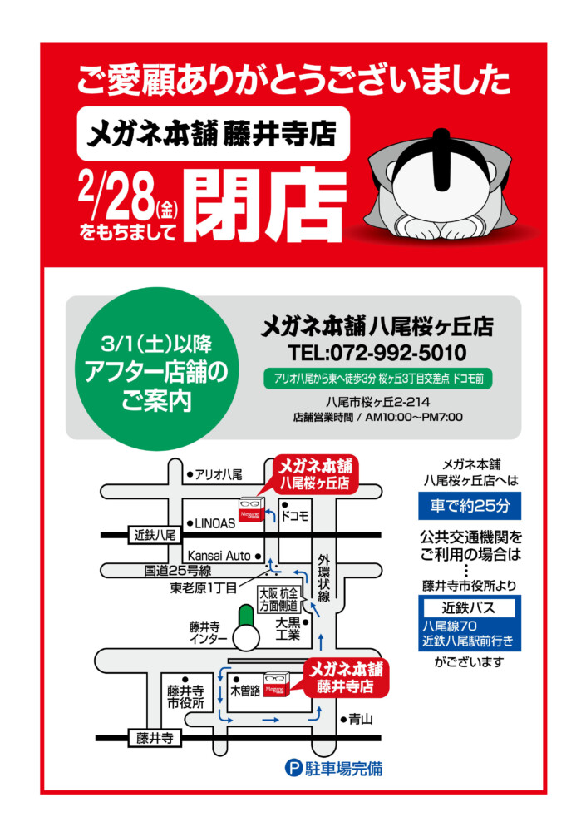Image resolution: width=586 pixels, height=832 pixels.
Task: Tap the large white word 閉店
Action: tap(266, 206)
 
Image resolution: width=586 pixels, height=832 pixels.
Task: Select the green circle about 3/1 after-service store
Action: tap(156, 369)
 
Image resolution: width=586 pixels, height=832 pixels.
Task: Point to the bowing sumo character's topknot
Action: tap(441, 159)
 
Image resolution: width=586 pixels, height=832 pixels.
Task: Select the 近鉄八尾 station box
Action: tap(155, 535)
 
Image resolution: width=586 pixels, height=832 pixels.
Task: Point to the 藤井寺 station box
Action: tap(155, 737)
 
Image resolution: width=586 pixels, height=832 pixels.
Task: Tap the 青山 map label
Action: tap(361, 719)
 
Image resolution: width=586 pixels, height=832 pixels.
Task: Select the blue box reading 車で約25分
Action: tap(470, 506)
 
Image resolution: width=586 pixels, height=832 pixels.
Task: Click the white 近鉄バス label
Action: tap(468, 607)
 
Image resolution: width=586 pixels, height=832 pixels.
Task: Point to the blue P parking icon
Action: tap(293, 768)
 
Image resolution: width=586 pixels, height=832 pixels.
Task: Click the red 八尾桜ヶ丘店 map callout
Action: tap(315, 474)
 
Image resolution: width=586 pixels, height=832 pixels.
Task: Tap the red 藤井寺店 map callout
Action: tap(346, 677)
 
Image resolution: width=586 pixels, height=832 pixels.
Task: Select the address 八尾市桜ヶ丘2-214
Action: tap(377, 402)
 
